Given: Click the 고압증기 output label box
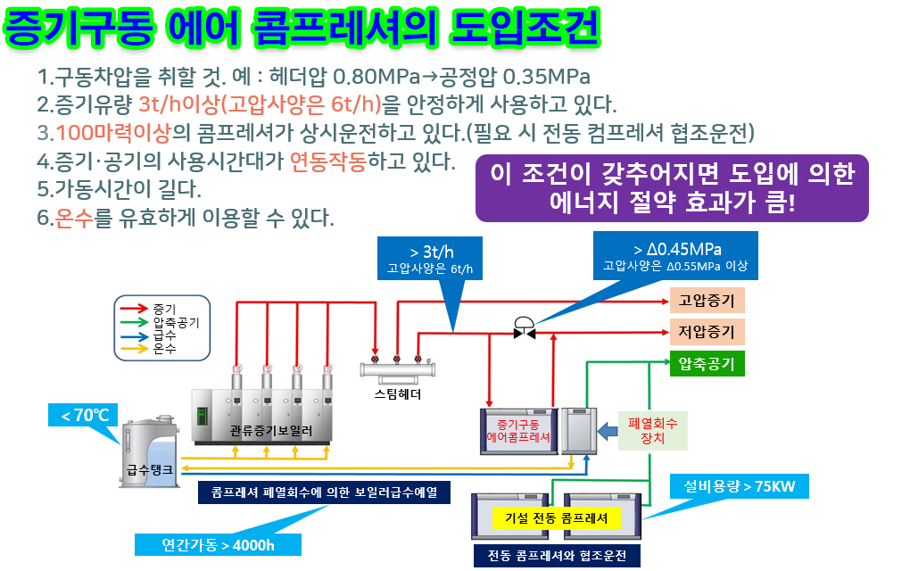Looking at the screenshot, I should click(706, 300).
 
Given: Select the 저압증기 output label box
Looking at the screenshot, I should click(706, 333).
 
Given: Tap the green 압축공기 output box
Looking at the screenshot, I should click(706, 364).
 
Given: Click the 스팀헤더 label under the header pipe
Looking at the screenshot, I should click(397, 393).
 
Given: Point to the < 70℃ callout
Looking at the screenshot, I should click(85, 415).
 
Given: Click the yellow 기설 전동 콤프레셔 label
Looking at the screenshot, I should click(556, 517).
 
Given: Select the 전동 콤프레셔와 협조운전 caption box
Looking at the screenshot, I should click(557, 555).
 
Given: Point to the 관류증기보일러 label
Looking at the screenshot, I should click(267, 428).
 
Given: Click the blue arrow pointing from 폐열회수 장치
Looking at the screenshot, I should click(608, 432).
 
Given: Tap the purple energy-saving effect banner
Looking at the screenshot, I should click(672, 187).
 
